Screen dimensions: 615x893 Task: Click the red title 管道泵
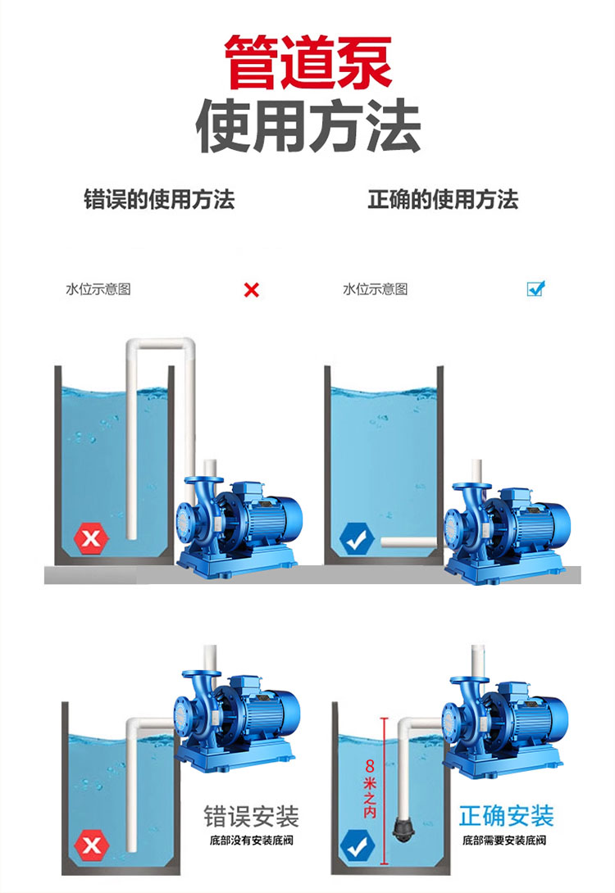tap(307, 62)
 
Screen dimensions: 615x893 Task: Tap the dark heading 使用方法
tap(307, 125)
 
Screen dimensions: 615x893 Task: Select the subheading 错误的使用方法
tap(159, 199)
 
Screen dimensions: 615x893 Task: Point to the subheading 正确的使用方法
tap(443, 199)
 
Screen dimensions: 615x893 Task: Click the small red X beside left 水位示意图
tap(252, 290)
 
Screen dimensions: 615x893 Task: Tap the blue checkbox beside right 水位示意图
tap(535, 288)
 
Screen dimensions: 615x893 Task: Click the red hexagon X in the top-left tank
tap(91, 537)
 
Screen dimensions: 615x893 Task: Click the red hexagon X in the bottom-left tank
tap(92, 845)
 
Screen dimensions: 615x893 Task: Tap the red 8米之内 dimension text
tap(370, 788)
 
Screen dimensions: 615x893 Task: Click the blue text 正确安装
tap(506, 815)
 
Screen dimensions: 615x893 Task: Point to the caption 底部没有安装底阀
tap(252, 840)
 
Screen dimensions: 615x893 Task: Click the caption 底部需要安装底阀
tap(504, 840)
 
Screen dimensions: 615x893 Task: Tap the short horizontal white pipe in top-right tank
tap(409, 542)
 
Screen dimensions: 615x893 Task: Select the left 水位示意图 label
tap(98, 289)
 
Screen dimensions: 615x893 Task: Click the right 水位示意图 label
tap(375, 289)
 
